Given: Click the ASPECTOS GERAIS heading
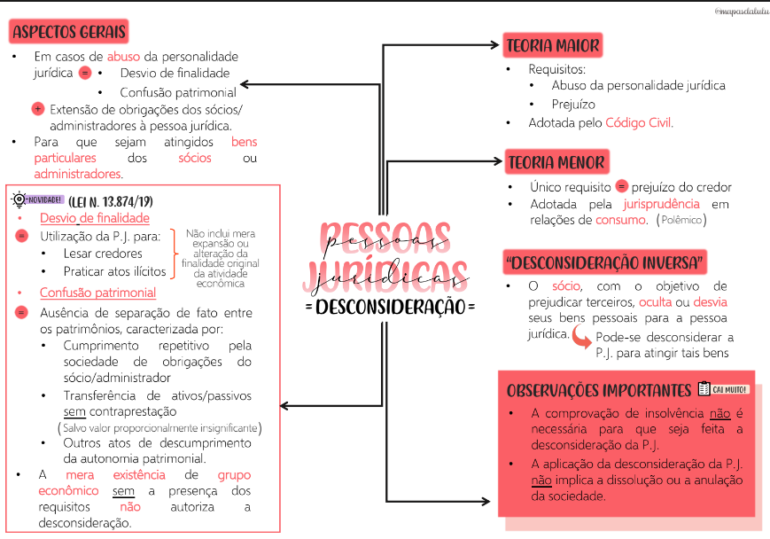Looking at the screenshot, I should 70,33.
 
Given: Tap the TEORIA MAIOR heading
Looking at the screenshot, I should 553,45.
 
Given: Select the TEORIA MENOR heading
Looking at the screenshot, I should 556,162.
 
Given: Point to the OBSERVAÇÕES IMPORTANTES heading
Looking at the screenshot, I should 598,391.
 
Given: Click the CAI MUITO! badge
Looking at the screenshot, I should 724,389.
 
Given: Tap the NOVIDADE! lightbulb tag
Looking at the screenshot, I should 35,199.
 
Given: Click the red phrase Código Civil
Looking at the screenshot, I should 638,123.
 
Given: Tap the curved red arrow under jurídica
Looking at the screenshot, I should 582,338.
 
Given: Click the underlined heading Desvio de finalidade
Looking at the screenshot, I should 94,218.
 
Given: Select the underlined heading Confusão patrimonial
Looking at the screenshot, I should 97,293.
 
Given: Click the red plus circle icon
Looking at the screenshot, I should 37,110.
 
